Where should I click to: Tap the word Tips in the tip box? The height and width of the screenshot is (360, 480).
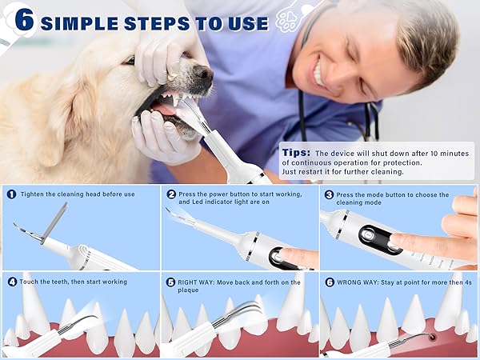coord(295,152)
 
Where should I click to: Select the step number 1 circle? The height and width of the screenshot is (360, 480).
coord(11,194)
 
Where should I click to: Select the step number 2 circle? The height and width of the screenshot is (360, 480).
coord(171,194)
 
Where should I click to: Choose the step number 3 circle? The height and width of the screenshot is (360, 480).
coord(329,194)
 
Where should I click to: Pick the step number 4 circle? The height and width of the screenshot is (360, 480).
coord(11,282)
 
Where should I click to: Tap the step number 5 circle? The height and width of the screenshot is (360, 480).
coord(171,282)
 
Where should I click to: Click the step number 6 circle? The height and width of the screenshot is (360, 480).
coord(329,282)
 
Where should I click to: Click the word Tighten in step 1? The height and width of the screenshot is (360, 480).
coord(34,194)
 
